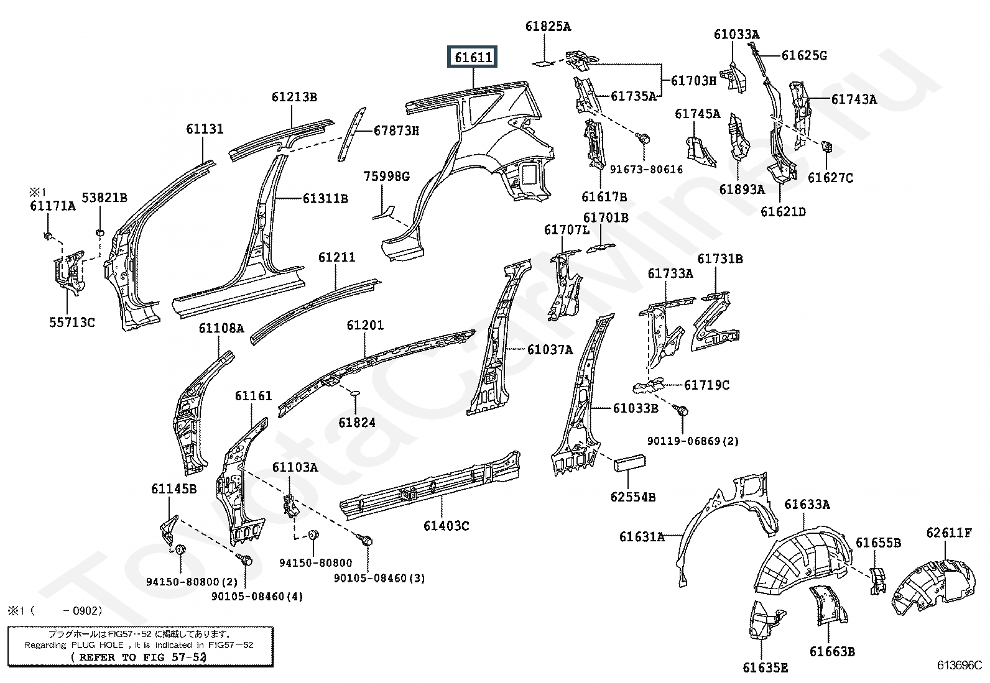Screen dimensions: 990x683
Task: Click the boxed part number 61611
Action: [x=473, y=57]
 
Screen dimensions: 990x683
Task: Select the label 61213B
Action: [x=294, y=97]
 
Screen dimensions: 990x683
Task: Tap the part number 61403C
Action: [x=446, y=526]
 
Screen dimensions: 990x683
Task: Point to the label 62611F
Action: [x=950, y=533]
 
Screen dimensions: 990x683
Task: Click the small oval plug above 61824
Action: [x=355, y=393]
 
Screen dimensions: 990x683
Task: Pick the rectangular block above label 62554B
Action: [x=629, y=462]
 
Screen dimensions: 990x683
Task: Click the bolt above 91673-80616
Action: [x=643, y=139]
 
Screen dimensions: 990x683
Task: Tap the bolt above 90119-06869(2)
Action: [x=681, y=411]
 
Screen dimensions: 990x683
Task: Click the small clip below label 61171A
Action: [x=48, y=236]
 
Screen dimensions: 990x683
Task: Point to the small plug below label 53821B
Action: [x=100, y=232]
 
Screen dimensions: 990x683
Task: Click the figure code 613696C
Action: [x=959, y=665]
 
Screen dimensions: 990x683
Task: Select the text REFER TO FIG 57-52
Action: [x=138, y=657]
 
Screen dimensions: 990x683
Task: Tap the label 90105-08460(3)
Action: [x=379, y=579]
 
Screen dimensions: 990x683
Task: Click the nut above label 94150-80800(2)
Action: [x=180, y=549]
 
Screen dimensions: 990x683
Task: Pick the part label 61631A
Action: [x=642, y=536]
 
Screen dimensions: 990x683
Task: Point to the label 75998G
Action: [x=387, y=176]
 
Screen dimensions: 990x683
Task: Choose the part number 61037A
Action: [x=550, y=350]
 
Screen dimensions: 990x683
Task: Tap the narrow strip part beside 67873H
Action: [x=352, y=134]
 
